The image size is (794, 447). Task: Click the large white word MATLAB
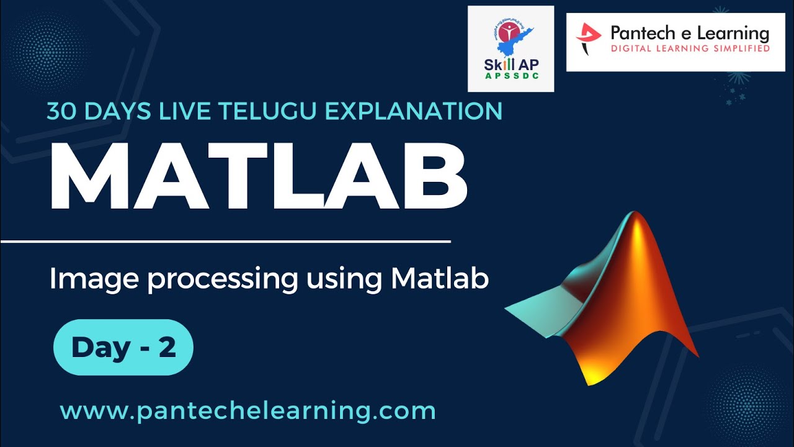click(x=257, y=177)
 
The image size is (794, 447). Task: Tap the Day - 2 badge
click(x=123, y=348)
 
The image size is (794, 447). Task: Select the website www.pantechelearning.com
click(x=248, y=411)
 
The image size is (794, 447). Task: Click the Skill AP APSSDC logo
click(x=511, y=48)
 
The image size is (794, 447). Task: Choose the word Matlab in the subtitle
click(x=440, y=279)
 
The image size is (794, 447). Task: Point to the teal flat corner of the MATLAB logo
click(x=527, y=310)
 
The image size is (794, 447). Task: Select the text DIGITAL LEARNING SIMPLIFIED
click(x=690, y=48)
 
